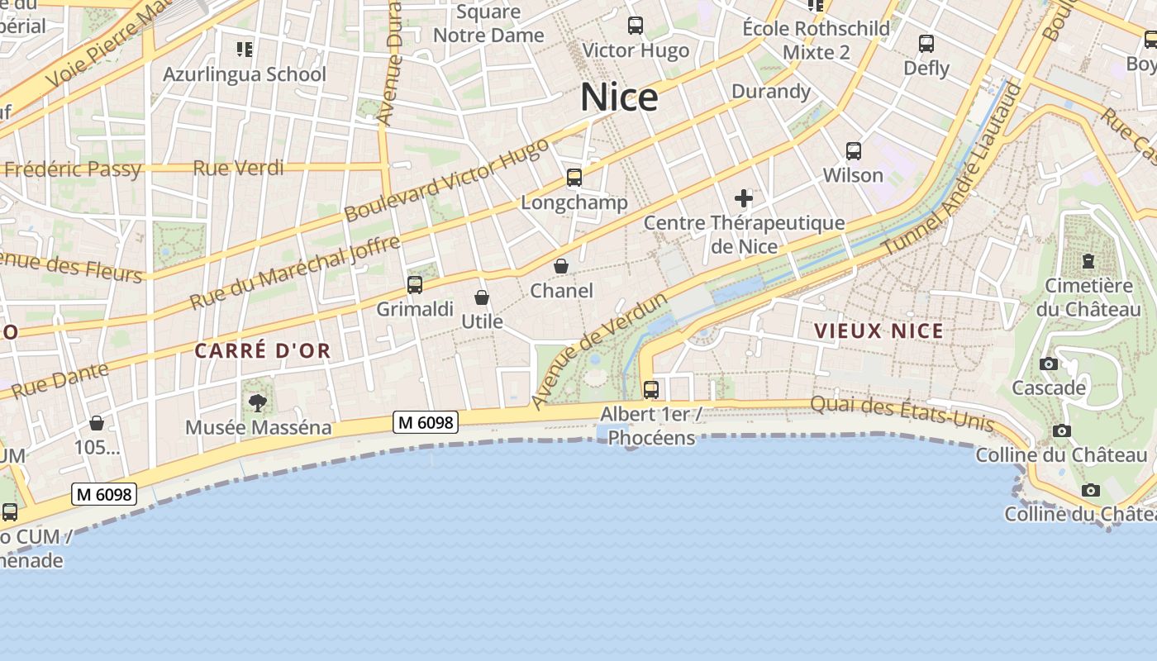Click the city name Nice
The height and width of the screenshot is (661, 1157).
(x=619, y=97)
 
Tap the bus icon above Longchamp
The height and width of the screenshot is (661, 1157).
(x=574, y=177)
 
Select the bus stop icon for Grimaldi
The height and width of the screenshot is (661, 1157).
(x=415, y=285)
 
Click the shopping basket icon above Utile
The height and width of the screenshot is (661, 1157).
(x=482, y=297)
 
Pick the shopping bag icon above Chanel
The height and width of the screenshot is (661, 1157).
(x=561, y=266)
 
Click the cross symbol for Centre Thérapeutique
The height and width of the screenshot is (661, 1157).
(x=744, y=198)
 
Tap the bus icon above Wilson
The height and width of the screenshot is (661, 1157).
(x=854, y=151)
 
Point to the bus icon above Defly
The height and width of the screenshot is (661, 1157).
(x=926, y=44)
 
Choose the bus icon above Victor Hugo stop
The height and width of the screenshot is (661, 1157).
(x=635, y=26)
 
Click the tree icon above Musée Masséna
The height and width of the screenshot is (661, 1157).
(x=258, y=403)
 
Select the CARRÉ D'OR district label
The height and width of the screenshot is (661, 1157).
(x=263, y=351)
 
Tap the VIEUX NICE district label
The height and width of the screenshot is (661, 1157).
(x=878, y=331)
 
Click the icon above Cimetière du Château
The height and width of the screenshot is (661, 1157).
(x=1088, y=261)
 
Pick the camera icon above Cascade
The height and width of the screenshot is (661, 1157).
(x=1049, y=364)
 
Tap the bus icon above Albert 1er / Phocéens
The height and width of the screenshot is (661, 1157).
(x=651, y=389)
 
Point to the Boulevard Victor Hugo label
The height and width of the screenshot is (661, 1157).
(x=446, y=179)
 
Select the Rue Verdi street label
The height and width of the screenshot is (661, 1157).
(x=238, y=169)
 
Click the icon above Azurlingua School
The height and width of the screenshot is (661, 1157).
(x=244, y=50)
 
